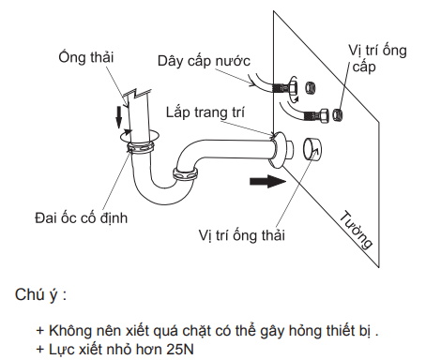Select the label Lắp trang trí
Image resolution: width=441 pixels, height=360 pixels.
pos(205,111)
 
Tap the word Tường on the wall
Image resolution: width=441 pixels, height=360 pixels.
pos(357,228)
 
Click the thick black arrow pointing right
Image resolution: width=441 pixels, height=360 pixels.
pos(266,181)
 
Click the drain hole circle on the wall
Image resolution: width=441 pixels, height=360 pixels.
pos(312,149)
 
